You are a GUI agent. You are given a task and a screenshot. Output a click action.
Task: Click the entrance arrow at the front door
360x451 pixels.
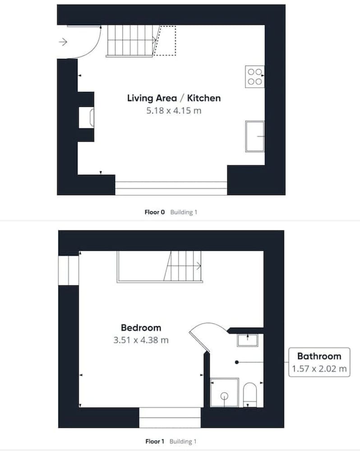63,42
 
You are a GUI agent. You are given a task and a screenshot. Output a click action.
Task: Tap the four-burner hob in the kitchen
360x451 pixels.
255,77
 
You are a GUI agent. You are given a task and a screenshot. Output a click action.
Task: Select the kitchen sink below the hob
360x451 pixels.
255,136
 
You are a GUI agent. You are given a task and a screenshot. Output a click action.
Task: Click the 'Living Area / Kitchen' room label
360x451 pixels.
174,98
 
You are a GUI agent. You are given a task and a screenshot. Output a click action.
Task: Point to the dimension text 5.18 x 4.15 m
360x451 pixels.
174,110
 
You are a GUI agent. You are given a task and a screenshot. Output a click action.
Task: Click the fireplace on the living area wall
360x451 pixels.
86,117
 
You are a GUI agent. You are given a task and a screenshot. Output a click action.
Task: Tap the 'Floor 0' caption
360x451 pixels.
155,212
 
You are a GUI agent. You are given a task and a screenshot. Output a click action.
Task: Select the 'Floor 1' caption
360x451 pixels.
155,441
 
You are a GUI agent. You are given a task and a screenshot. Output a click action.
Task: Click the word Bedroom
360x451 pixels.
141,327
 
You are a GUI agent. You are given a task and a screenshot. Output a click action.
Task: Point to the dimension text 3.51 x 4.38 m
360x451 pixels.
141,340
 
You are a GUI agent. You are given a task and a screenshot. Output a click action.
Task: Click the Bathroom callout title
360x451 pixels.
319,356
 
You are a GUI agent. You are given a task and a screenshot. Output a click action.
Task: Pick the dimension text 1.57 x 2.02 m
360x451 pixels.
319,369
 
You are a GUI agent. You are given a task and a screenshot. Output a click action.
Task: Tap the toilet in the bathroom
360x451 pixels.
250,395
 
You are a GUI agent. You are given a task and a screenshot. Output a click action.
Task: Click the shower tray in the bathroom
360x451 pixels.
225,393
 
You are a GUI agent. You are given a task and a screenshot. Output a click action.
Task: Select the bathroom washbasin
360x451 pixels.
248,340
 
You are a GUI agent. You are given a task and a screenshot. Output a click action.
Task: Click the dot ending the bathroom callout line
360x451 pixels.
237,362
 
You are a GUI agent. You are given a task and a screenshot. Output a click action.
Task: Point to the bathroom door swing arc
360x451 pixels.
211,324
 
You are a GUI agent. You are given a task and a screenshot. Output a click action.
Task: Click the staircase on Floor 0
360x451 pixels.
131,41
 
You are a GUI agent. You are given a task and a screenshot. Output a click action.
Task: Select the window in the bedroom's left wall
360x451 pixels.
69,270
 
